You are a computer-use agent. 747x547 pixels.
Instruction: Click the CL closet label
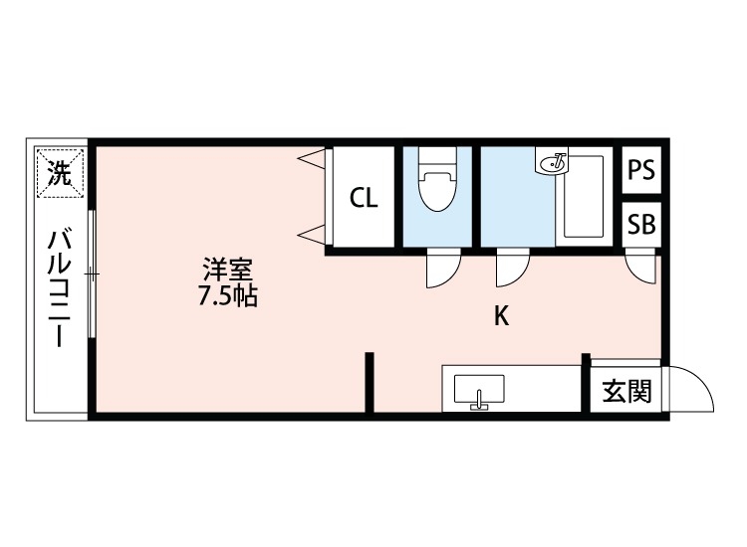[364, 198]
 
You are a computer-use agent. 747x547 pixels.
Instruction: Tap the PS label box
[641, 170]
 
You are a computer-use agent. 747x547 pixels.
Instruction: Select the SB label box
[641, 224]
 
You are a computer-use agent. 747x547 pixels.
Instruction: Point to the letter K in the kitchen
[503, 316]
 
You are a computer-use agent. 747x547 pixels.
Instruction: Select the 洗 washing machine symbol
[60, 176]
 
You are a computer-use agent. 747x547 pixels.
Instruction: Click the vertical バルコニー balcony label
[59, 289]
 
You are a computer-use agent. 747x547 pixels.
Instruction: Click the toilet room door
[442, 270]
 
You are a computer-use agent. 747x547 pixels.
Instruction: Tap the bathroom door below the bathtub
[512, 270]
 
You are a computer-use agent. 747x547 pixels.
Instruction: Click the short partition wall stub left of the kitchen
[369, 382]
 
